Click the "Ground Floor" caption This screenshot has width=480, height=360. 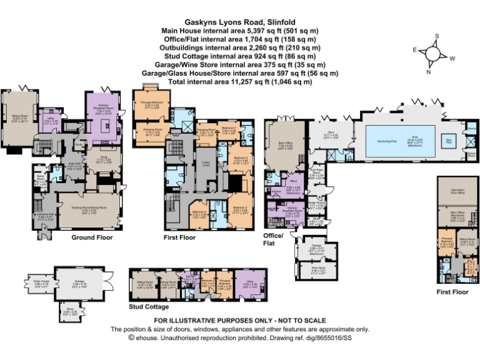click(x=91, y=237)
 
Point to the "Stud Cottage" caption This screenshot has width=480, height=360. click(x=149, y=307)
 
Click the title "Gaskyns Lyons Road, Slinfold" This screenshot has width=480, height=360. click(x=239, y=21)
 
